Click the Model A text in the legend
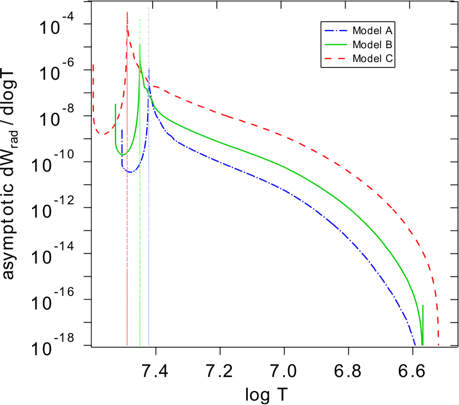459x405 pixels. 372,31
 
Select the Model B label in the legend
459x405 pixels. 372,45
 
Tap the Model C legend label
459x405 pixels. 372,59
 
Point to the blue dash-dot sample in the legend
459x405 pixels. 336,31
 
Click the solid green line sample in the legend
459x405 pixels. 336,45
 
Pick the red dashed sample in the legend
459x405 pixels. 336,59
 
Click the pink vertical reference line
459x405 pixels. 127,221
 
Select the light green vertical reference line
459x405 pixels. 140,221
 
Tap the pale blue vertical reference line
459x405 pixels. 149,221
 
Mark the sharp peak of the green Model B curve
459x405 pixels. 140,45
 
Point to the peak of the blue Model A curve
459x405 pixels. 149,70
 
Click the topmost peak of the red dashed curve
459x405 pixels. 127,25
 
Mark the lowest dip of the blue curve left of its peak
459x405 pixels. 130,173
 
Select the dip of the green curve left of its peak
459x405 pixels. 122,154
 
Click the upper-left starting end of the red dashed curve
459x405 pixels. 93,65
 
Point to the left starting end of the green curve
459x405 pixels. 116,104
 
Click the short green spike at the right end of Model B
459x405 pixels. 423,306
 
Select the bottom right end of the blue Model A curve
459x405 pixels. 415,345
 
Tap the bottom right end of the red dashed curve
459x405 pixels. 439,345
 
